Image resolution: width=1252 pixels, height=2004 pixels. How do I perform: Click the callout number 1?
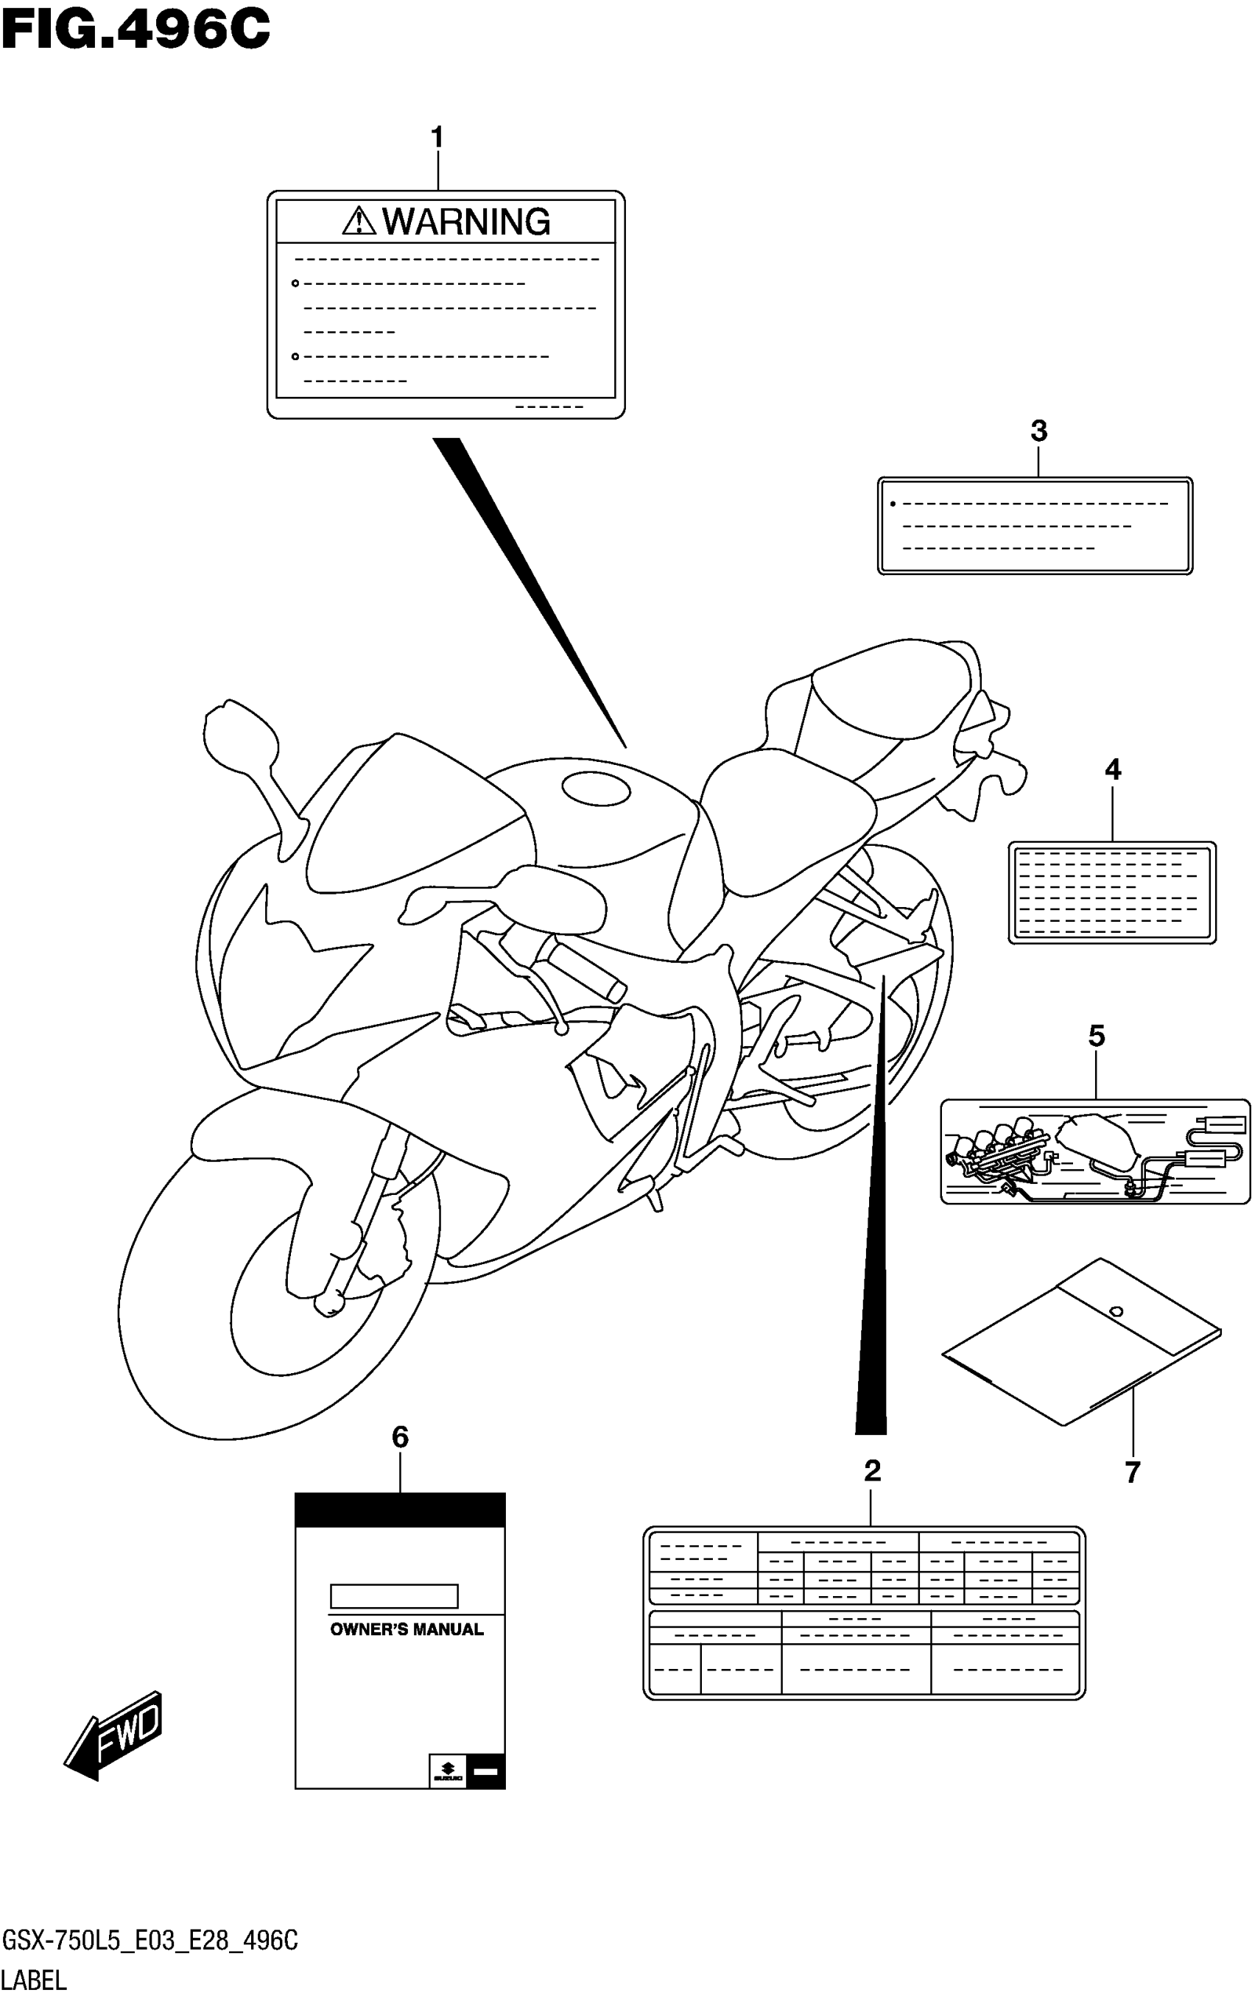pyautogui.click(x=437, y=138)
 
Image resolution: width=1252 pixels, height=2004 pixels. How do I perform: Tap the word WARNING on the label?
pyautogui.click(x=466, y=222)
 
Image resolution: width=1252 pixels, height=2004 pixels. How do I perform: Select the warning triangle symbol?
pyautogui.click(x=359, y=221)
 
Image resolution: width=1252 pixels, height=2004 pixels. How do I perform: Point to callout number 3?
pyautogui.click(x=1038, y=431)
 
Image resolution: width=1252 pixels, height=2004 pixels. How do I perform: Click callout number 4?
pyautogui.click(x=1112, y=770)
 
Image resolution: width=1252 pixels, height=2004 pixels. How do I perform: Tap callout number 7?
pyautogui.click(x=1132, y=1472)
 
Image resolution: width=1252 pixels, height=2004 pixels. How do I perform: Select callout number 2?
pyautogui.click(x=872, y=1470)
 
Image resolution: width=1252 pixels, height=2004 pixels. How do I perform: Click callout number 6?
pyautogui.click(x=400, y=1437)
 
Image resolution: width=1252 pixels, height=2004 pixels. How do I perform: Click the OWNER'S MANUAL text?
pyautogui.click(x=407, y=1629)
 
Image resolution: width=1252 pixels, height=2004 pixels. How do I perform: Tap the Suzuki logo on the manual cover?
pyautogui.click(x=447, y=1772)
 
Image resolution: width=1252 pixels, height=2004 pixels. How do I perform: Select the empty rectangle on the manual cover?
pyautogui.click(x=394, y=1596)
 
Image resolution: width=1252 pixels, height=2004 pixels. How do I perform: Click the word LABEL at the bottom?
pyautogui.click(x=34, y=1981)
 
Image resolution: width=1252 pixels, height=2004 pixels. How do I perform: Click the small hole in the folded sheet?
pyautogui.click(x=1115, y=1310)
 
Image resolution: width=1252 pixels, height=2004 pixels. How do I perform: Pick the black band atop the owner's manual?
pyautogui.click(x=400, y=1510)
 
